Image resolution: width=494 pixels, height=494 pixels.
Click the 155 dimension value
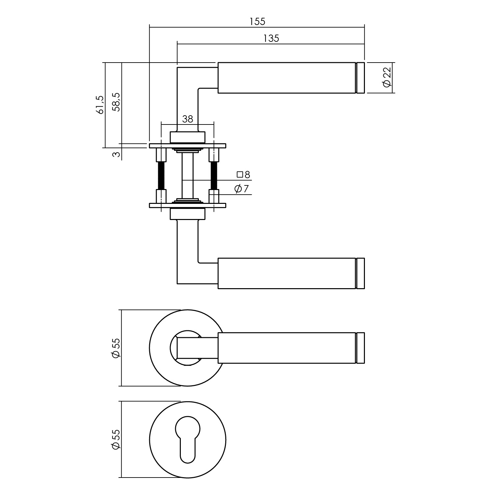257,21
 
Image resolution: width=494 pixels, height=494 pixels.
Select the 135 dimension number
271,39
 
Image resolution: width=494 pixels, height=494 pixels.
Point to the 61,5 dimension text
100,105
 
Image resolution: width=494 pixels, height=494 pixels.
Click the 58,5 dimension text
116,102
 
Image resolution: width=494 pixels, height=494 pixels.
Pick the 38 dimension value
187,119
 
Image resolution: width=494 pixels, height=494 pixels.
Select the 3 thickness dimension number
116,154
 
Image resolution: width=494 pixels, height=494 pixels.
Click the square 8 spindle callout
244,174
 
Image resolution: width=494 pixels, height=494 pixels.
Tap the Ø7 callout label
242,189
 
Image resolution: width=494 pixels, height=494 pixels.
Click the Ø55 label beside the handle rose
116,348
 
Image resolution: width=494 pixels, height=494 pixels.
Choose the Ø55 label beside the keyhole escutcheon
116,439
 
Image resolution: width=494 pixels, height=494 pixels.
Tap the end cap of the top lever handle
361,78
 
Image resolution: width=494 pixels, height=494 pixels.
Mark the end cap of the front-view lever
361,348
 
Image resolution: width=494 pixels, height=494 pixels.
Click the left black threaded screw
161,176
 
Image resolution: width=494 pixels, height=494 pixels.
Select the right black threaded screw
214,176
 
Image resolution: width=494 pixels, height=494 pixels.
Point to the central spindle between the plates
187,176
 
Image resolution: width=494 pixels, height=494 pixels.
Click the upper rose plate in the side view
187,146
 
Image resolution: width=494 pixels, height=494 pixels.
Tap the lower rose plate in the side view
187,206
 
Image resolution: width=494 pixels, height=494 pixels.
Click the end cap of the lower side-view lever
361,273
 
